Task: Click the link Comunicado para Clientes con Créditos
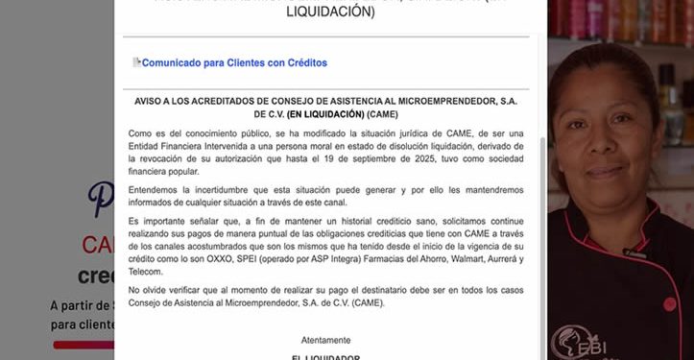[234, 63]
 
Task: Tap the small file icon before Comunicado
[137, 62]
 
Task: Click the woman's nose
[604, 144]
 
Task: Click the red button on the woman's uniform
[669, 304]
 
